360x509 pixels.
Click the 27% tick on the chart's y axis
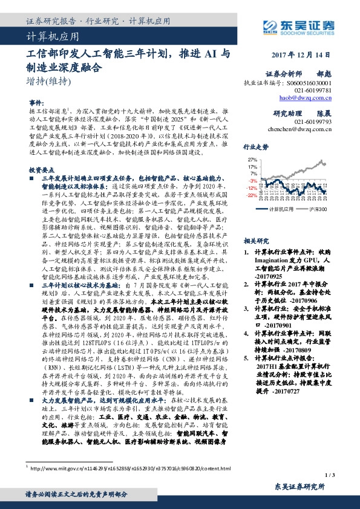[252, 160]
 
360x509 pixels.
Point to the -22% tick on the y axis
[251, 195]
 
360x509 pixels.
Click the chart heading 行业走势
[255, 147]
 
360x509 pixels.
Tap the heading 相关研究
[255, 240]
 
